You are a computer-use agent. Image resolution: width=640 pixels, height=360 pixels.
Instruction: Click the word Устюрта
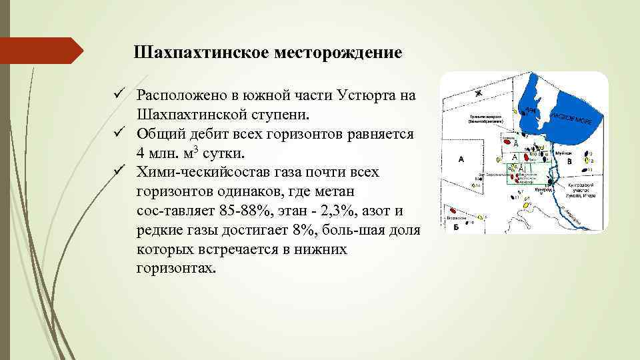pos(353,96)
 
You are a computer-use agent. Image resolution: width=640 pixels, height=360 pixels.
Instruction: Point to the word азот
pos(389,211)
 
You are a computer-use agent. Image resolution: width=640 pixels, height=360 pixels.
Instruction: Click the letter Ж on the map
pos(478,93)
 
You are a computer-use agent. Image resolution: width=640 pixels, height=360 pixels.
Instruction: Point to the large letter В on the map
pos(569,161)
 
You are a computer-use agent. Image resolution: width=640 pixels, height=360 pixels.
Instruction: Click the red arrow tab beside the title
pos(40,51)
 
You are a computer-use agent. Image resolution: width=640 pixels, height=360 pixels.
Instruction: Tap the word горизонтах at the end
pos(176,269)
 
